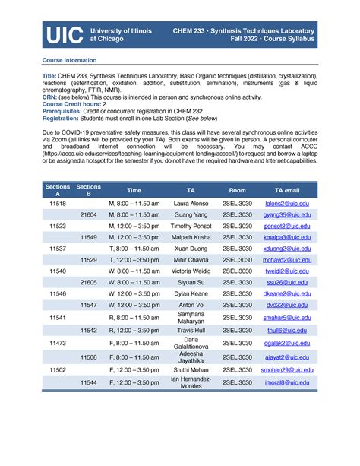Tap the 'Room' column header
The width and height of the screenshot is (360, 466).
(238, 190)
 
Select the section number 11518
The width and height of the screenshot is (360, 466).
(58, 204)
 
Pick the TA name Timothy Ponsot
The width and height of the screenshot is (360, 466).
(191, 227)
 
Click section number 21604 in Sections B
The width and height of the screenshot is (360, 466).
(89, 215)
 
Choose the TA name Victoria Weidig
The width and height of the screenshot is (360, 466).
(191, 271)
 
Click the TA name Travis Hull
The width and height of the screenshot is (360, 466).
(191, 331)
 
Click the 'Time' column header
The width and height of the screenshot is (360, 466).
(134, 190)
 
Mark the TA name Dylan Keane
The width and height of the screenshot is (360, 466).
(191, 293)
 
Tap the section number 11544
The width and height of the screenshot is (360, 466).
(89, 382)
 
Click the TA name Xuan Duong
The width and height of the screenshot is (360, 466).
(191, 249)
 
